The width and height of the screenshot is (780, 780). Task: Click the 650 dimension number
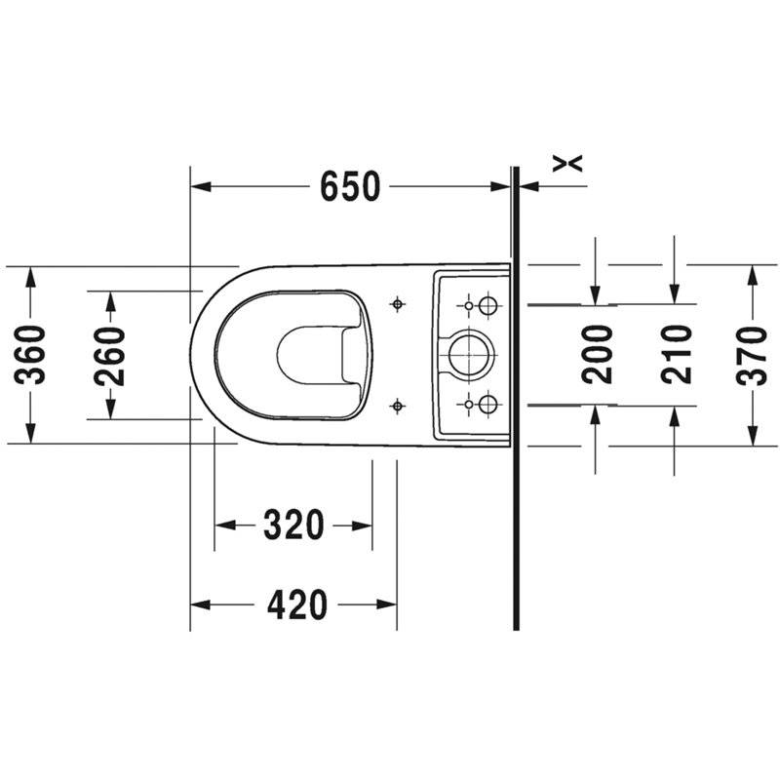point(350,186)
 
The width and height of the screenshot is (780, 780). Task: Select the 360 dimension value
point(30,354)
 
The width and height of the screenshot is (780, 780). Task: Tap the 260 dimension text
point(109,355)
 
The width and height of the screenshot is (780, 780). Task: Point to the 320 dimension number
point(293,526)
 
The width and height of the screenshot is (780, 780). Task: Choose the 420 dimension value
point(297,604)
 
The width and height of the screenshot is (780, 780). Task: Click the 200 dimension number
point(597,354)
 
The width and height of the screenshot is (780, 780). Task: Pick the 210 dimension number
point(677,354)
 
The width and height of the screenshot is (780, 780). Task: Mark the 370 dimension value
point(752,355)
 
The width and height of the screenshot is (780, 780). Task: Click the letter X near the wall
point(567,163)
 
